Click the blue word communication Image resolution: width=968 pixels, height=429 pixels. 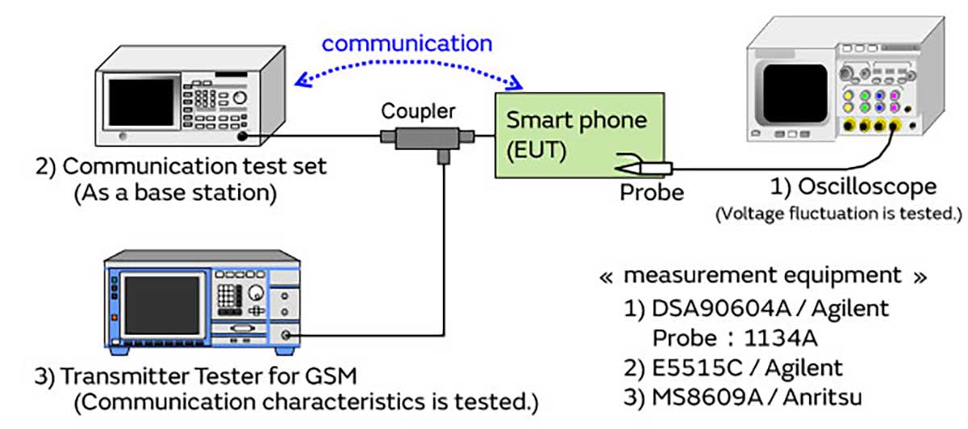407,43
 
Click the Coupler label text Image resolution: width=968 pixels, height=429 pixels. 418,111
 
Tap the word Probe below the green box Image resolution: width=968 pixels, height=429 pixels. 653,194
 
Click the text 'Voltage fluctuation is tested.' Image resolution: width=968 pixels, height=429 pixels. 839,214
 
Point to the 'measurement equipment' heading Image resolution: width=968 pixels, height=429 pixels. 762,276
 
